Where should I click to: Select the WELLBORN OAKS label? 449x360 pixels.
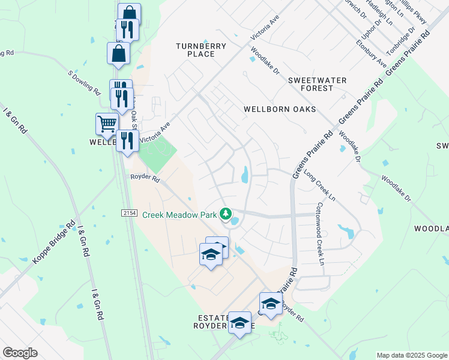coord(280,109)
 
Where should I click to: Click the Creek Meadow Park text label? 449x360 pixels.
coord(179,214)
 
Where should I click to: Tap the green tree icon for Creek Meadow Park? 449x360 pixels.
coord(226,214)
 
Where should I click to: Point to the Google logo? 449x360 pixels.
coord(20,353)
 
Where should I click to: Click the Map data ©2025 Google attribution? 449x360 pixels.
coord(411,355)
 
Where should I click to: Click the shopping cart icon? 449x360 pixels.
coord(107,124)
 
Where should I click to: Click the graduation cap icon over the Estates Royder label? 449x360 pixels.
coord(240,324)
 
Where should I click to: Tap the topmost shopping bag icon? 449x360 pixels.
coord(129,14)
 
